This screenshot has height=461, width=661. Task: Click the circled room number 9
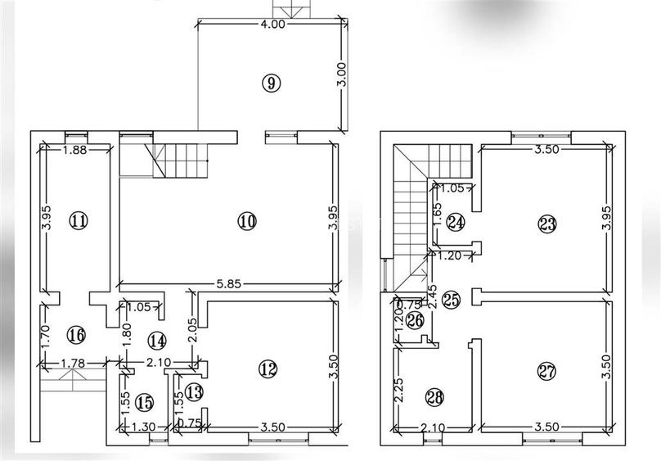tap(271, 82)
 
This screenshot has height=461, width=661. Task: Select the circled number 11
tap(79, 220)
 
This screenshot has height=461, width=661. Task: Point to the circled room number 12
tap(268, 369)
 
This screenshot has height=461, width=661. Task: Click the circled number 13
tap(195, 392)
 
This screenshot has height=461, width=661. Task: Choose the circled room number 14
tap(157, 341)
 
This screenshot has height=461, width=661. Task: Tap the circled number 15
tap(145, 402)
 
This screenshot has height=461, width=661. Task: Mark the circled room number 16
tap(76, 335)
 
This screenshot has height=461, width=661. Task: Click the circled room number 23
tap(547, 224)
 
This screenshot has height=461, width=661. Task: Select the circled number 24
tap(456, 222)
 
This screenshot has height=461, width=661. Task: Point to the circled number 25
tap(451, 300)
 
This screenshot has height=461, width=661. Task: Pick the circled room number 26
tap(415, 322)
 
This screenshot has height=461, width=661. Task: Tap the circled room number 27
tap(546, 372)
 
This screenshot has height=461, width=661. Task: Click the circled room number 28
tap(434, 398)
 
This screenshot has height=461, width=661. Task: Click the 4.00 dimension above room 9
tap(272, 24)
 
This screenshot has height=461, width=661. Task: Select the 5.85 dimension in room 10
tap(229, 284)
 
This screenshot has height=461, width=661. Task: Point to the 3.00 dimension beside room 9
tap(342, 75)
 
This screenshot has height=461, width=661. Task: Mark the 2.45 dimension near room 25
tap(431, 297)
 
